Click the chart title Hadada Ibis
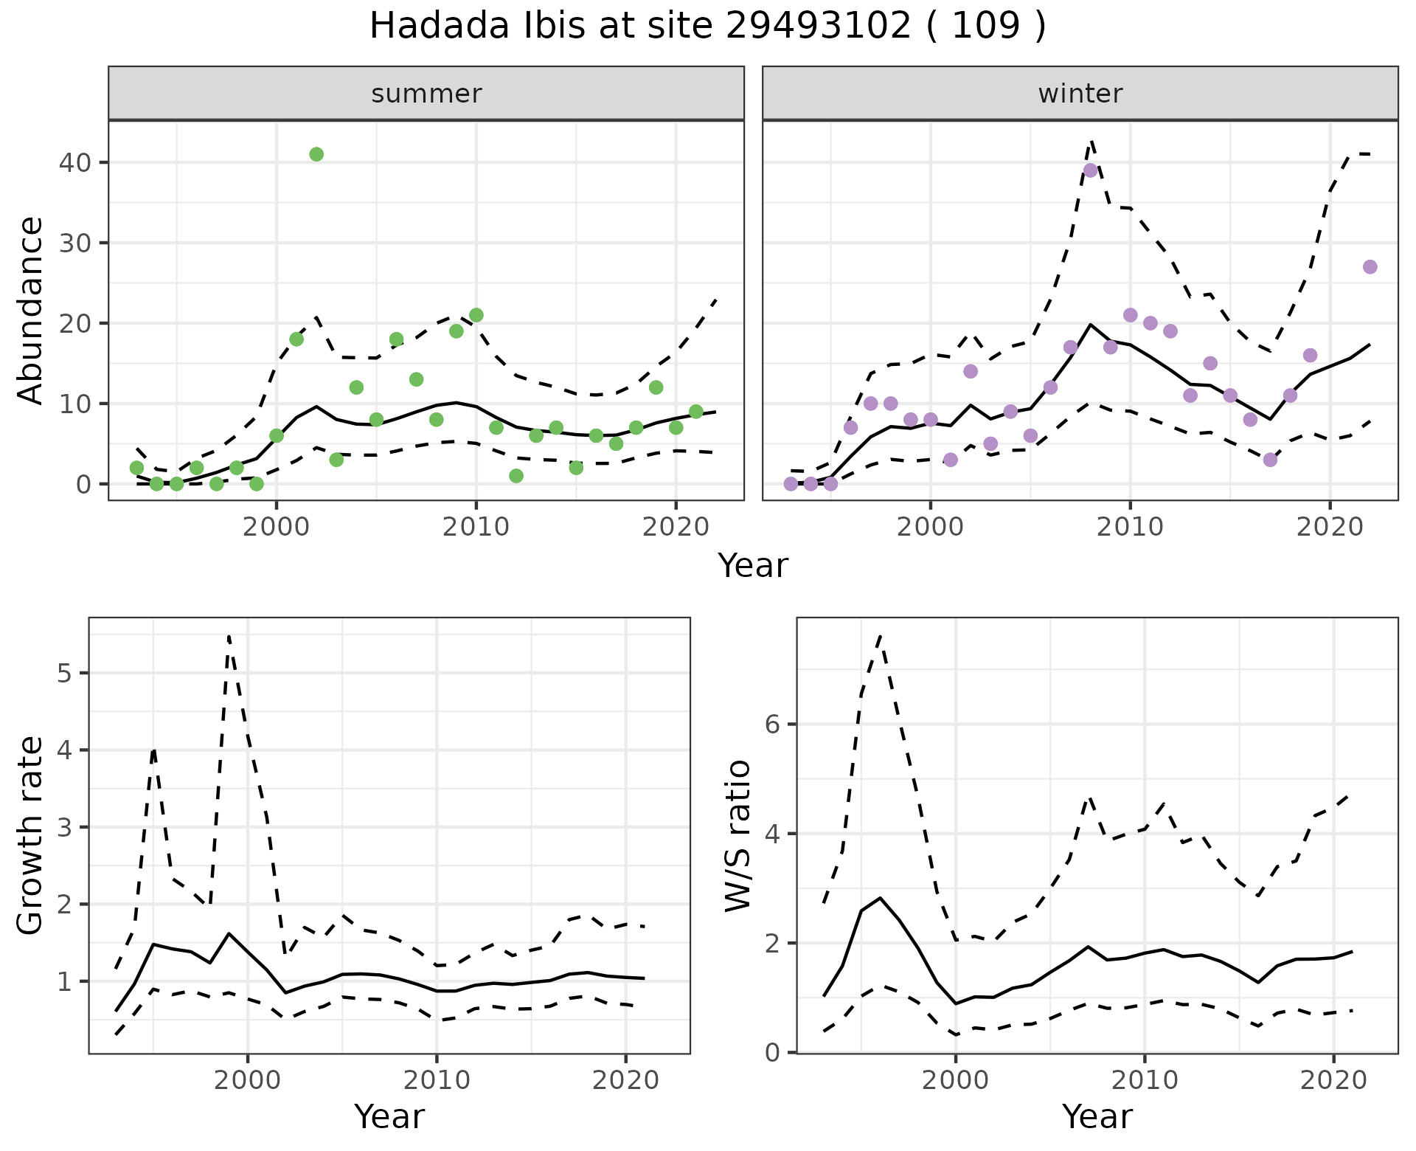[707, 27]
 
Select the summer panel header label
[426, 94]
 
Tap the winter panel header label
[1080, 94]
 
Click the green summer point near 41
[316, 154]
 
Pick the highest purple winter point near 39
[1091, 170]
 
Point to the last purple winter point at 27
[1370, 267]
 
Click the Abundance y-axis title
[31, 310]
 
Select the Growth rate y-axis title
[31, 836]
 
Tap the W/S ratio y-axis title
[737, 836]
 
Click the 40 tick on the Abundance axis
[74, 162]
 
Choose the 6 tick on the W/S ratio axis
[772, 725]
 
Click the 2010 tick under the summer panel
[476, 527]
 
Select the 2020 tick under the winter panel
[1330, 527]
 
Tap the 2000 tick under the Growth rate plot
[248, 1081]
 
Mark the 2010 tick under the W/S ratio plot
[1145, 1081]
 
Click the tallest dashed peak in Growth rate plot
[229, 636]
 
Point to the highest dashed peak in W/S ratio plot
[881, 636]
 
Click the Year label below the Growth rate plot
[389, 1116]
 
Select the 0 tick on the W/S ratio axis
[772, 1053]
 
